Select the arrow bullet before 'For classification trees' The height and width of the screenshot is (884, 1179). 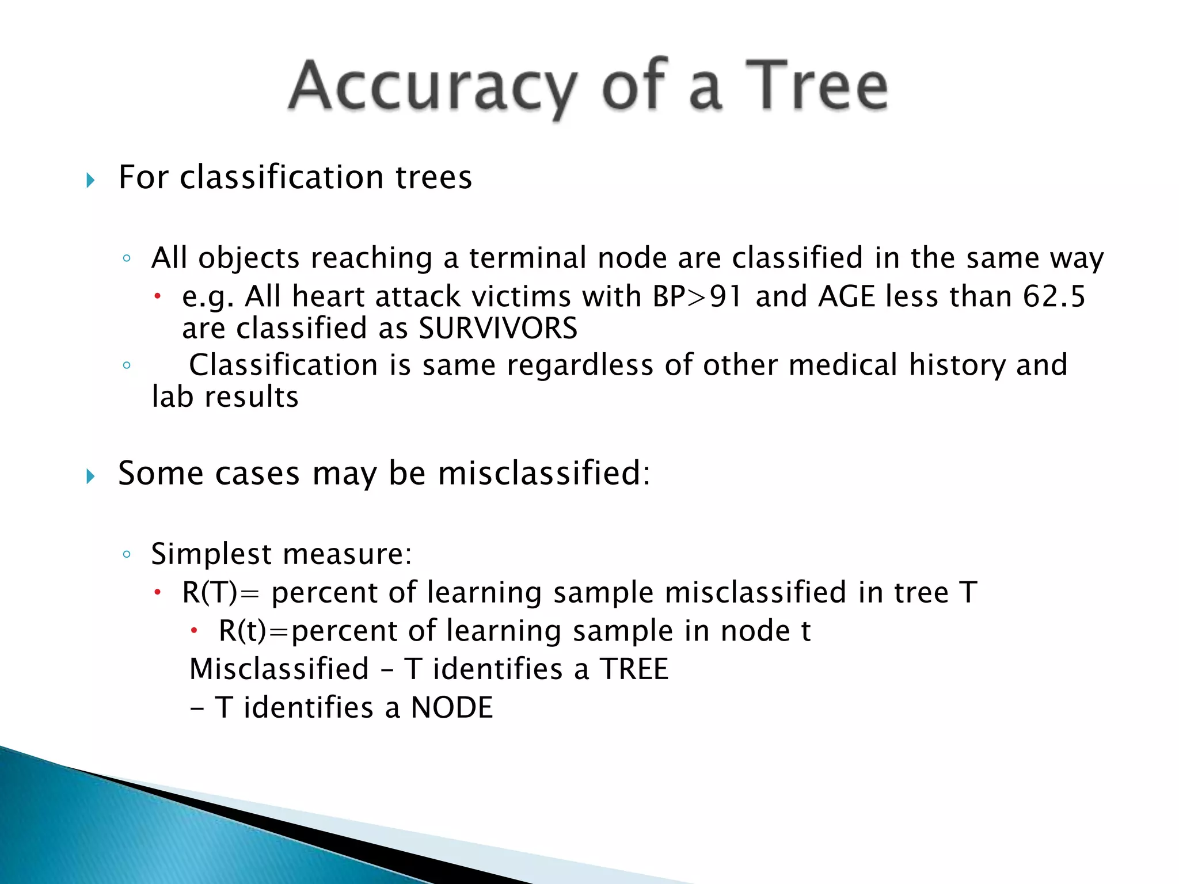tap(90, 180)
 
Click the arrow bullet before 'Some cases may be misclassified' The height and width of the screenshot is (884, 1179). tap(90, 476)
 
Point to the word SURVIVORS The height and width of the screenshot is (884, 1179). tap(498, 329)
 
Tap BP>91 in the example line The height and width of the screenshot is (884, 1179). tap(697, 297)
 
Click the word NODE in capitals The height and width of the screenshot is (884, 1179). tap(452, 707)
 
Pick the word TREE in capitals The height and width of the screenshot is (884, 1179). tap(634, 669)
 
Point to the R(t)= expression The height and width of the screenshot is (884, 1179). tap(253, 631)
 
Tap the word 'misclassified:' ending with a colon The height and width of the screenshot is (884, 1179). tap(543, 474)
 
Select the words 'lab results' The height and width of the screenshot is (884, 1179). tap(225, 397)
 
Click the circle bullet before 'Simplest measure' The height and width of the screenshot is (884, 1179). tap(127, 555)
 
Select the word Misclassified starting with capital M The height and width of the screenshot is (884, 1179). tap(279, 669)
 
